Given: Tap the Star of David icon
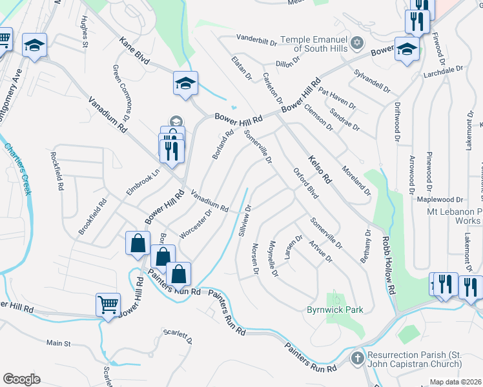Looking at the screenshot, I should tap(358, 43).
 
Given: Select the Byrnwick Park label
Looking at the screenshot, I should tap(334, 310).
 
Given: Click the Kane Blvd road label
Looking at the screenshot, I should tap(134, 51).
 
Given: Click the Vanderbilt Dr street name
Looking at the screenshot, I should tap(256, 37).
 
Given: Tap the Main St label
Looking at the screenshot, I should tap(58, 343).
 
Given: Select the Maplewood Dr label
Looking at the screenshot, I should tap(440, 200).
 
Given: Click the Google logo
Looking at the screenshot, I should tap(21, 379).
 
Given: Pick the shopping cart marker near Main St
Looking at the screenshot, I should tap(108, 304).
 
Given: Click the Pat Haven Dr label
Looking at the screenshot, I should tap(337, 99).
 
